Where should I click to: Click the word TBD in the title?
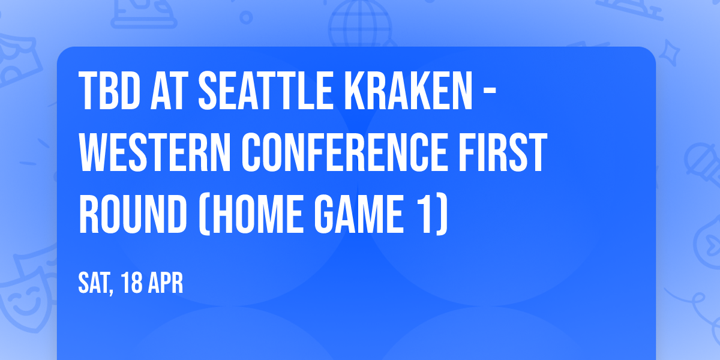point(110,91)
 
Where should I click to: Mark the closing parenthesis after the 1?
point(442,214)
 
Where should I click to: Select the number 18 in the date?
point(132,283)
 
